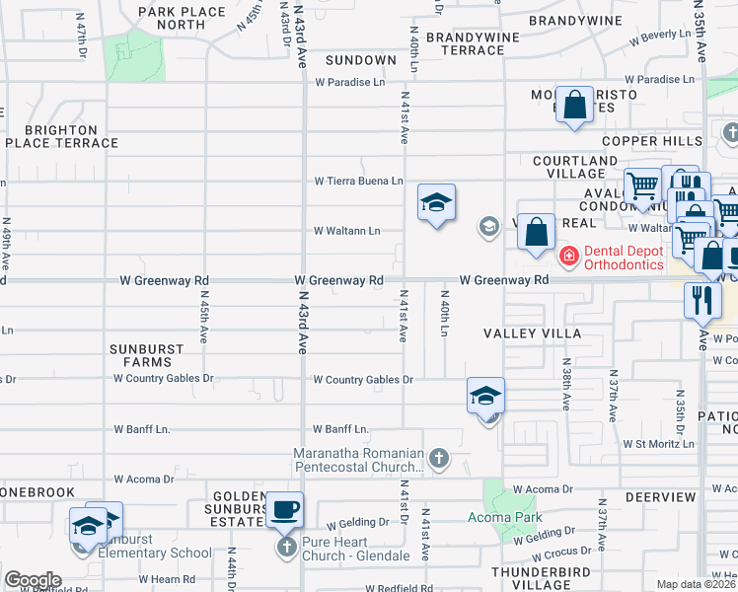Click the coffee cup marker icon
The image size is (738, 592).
(285, 509)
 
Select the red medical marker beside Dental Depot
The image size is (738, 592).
(569, 257)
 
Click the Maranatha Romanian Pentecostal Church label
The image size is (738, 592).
(344, 460)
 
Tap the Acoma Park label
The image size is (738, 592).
(504, 517)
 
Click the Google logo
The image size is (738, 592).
(33, 580)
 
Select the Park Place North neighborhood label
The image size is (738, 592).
(172, 18)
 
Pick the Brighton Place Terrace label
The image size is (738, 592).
(61, 136)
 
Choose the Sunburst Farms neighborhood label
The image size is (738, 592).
(147, 355)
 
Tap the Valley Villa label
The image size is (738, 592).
(534, 333)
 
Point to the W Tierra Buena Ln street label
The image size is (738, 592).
(359, 181)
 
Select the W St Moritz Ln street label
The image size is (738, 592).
(658, 444)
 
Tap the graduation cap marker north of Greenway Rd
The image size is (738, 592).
(436, 203)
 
